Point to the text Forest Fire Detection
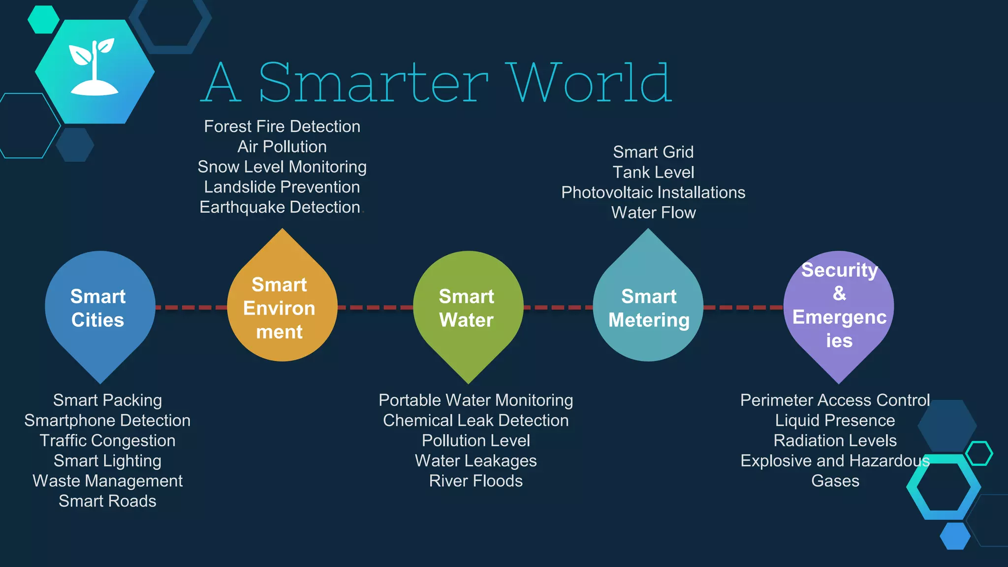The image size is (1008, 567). click(282, 126)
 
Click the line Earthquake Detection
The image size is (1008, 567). click(280, 207)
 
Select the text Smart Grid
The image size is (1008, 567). click(653, 152)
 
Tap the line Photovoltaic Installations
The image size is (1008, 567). click(653, 192)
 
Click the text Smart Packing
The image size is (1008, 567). click(107, 400)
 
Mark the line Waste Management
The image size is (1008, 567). click(107, 481)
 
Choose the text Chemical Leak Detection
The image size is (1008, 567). click(475, 420)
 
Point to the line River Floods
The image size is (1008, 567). click(475, 481)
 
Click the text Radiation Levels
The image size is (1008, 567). click(835, 441)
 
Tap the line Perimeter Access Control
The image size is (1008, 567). click(835, 400)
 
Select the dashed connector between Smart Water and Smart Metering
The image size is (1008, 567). click(558, 308)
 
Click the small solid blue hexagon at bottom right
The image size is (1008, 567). click(955, 536)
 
